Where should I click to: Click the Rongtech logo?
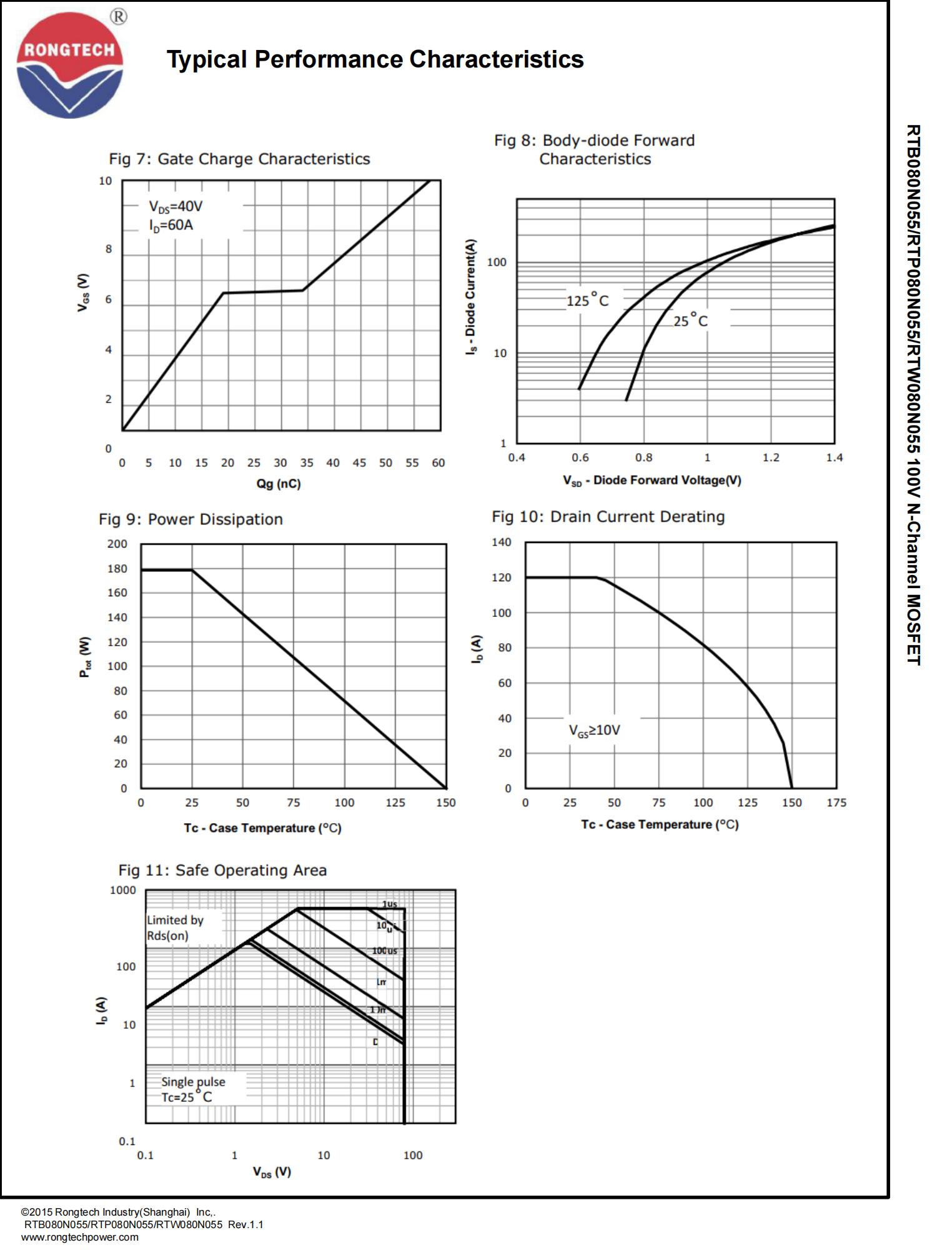tap(69, 65)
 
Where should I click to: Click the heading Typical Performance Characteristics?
tap(375, 59)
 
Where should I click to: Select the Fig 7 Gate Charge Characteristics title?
tap(239, 159)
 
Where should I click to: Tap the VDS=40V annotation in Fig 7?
tap(176, 206)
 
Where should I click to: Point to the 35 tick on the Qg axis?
tap(307, 463)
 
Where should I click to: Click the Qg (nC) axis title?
tap(278, 484)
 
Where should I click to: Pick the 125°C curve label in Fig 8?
tap(587, 301)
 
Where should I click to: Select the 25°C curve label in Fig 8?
tap(690, 321)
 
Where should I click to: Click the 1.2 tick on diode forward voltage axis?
tap(771, 457)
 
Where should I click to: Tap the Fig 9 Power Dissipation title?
tap(191, 519)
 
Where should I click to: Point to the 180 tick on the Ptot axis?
tap(117, 569)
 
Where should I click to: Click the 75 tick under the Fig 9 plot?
tap(293, 802)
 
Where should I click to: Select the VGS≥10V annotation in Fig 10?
tap(594, 730)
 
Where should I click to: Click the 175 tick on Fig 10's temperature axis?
tap(836, 802)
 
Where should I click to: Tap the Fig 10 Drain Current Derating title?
tap(608, 517)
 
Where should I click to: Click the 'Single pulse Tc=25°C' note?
tap(193, 1089)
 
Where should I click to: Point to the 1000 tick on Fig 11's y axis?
tap(122, 890)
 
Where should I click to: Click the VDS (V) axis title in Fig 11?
tap(272, 1172)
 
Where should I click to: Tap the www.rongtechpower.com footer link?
tap(80, 1237)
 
